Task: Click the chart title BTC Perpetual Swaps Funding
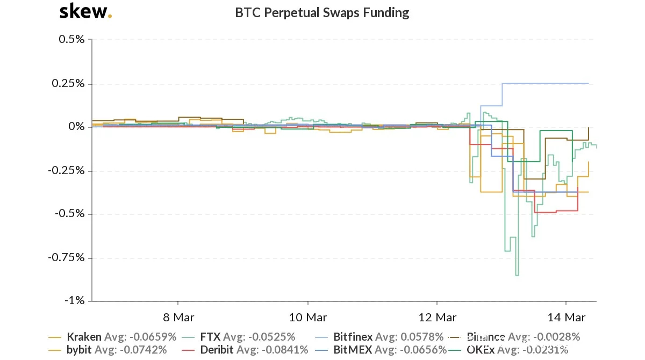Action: pyautogui.click(x=322, y=12)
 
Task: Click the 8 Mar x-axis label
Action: pyautogui.click(x=178, y=317)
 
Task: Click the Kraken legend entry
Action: pyautogui.click(x=84, y=337)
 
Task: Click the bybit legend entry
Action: pyautogui.click(x=79, y=350)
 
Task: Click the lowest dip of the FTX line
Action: pyautogui.click(x=517, y=276)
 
